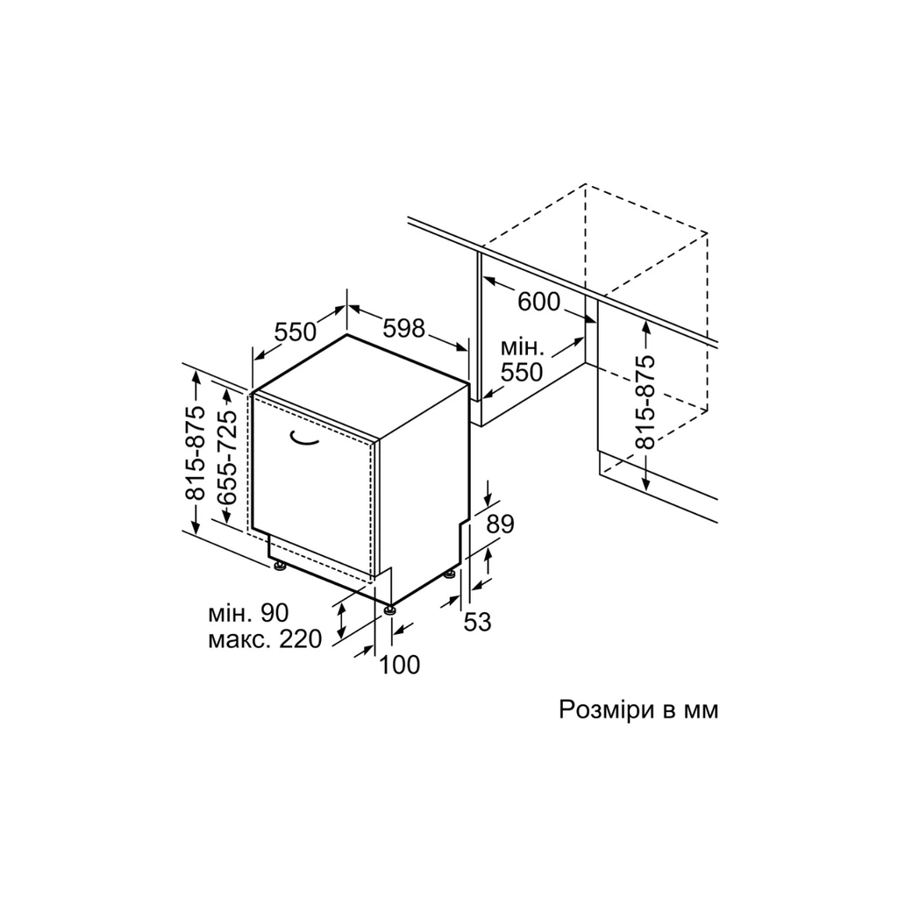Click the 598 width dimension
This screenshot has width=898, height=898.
[403, 328]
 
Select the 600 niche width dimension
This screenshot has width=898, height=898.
[539, 302]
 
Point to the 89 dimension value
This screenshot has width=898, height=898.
[500, 524]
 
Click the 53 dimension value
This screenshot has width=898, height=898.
[477, 622]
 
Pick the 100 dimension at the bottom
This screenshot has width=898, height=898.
[400, 665]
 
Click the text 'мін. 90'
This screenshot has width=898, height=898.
[248, 613]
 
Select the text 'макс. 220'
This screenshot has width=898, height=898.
[265, 639]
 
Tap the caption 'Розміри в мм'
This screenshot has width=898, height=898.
[638, 710]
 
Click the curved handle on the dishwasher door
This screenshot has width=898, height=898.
[304, 438]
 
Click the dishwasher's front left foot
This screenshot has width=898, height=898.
[280, 567]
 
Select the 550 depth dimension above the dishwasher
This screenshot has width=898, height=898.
[296, 331]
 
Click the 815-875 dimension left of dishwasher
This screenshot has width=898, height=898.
[196, 453]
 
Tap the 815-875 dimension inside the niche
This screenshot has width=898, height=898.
[645, 402]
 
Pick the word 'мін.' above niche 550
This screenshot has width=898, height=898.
[523, 347]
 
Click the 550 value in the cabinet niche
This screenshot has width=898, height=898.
[522, 372]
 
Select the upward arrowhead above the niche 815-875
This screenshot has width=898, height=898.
[646, 328]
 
